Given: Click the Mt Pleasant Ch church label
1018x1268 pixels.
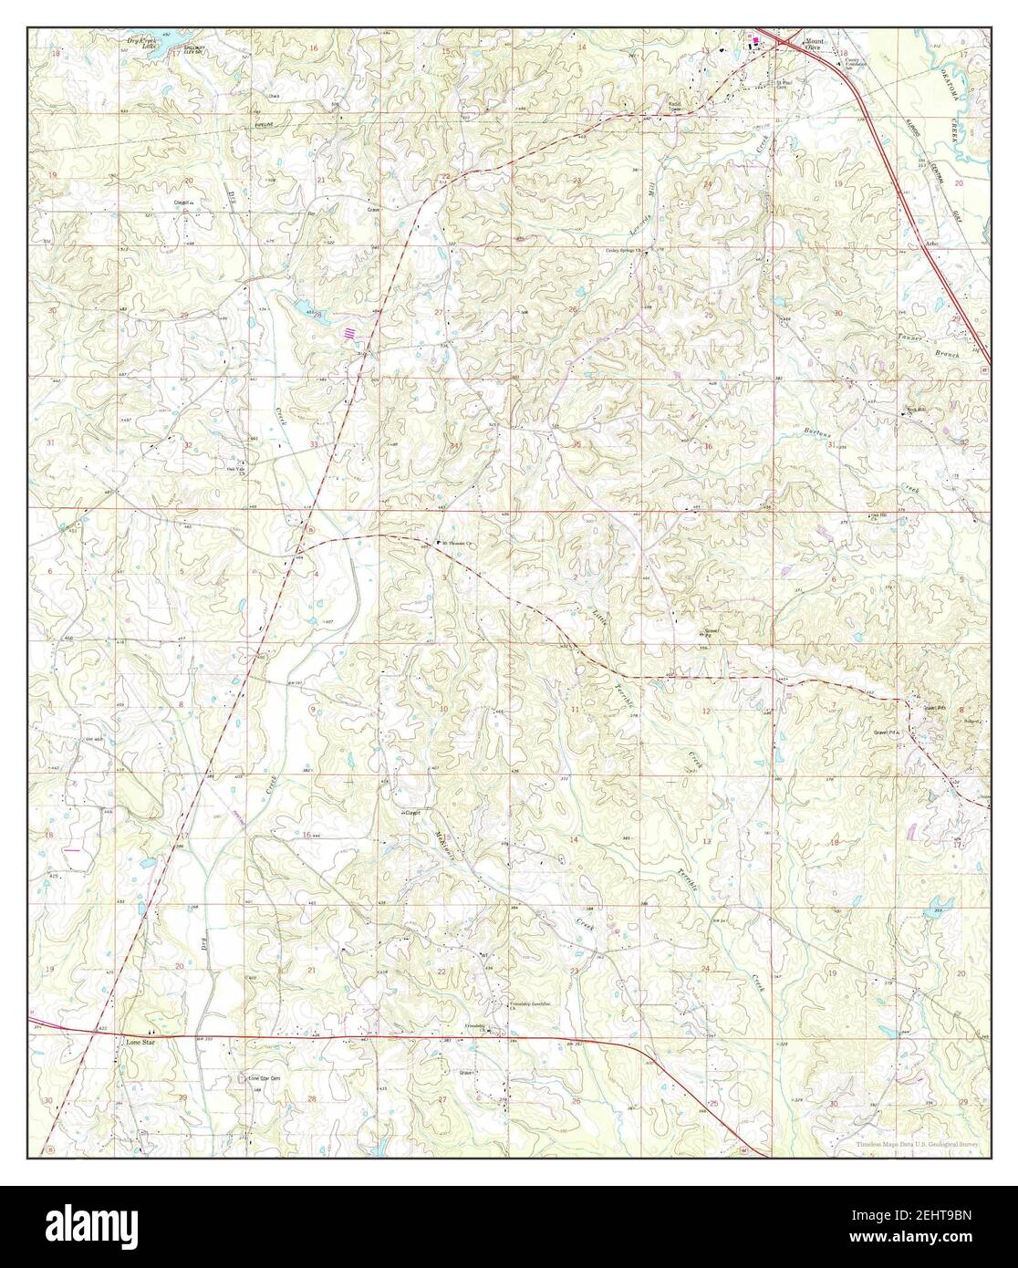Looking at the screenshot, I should [x=459, y=543].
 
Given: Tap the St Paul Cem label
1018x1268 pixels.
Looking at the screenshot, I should [x=786, y=84].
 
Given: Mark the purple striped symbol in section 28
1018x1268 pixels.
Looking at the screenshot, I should [x=348, y=333].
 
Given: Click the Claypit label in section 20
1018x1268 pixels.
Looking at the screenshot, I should [x=187, y=203].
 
